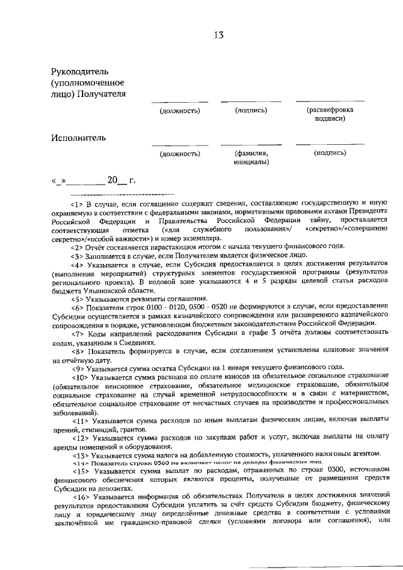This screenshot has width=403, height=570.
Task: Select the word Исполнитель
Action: [79, 138]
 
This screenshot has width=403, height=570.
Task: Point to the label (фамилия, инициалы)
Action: [251, 157]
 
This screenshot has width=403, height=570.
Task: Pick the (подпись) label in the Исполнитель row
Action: [329, 152]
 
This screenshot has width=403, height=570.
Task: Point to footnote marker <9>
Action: [77, 366]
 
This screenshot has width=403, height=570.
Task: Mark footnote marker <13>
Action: [79, 453]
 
